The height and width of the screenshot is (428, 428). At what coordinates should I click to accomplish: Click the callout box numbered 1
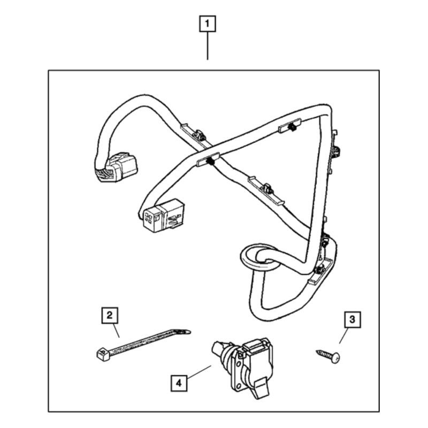tap(208, 24)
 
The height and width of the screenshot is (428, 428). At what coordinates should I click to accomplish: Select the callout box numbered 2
tap(110, 316)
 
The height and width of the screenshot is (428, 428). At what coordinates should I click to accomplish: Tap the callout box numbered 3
tap(353, 319)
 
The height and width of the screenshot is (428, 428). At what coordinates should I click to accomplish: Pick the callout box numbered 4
tap(179, 384)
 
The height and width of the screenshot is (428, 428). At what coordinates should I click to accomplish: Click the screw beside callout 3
tap(328, 356)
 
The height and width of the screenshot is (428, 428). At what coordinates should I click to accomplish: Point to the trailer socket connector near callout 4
tap(242, 368)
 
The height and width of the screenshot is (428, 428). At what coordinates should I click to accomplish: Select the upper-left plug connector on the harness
tap(116, 167)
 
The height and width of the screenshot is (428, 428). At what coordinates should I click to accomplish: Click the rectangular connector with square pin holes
tap(162, 216)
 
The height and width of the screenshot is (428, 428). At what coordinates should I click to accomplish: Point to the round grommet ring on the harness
tap(259, 257)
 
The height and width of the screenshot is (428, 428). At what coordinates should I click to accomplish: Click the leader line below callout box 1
tap(208, 45)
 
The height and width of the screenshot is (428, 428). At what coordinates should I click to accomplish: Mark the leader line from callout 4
tap(199, 371)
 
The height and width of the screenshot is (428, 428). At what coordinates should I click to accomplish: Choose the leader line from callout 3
tap(343, 335)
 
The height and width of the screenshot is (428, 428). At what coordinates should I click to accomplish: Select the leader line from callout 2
tap(116, 331)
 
